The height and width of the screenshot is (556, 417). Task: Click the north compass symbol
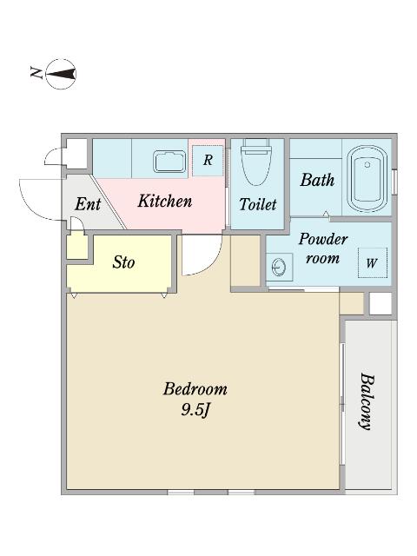(x=62, y=74)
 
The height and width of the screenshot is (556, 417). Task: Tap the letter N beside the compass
(x=36, y=72)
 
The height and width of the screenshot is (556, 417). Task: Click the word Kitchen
(x=165, y=201)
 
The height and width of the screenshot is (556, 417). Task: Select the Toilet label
(x=258, y=204)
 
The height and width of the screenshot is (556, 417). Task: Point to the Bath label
(x=317, y=180)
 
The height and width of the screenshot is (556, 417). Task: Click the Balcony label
(x=367, y=401)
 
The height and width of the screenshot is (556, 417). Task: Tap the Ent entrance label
(x=88, y=204)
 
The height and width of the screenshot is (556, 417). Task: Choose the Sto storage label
(x=123, y=262)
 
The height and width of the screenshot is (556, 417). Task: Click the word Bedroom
(x=195, y=389)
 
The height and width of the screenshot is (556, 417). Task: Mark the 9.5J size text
(x=194, y=410)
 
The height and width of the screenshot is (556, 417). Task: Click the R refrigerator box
(x=208, y=161)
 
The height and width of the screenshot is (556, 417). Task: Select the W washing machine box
(x=372, y=262)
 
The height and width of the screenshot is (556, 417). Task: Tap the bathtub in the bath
(x=367, y=179)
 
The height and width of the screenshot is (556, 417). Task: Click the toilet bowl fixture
(x=256, y=162)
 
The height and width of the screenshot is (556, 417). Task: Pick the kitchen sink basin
(x=170, y=162)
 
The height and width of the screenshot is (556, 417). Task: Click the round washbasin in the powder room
(x=279, y=268)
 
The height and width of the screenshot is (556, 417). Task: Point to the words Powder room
(x=322, y=248)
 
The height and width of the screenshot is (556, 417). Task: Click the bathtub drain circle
(x=367, y=164)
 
